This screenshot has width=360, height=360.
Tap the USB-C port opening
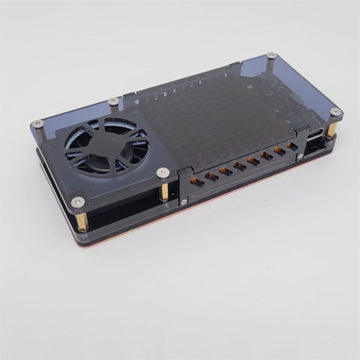[315, 133]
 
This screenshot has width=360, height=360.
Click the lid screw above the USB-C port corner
[335, 112]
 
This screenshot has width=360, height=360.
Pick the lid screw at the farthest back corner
[271, 56]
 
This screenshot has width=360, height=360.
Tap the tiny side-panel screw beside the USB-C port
[299, 158]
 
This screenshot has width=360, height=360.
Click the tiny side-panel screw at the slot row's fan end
[184, 202]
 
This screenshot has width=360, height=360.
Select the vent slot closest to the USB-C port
[292, 147]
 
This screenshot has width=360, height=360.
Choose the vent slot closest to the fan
[195, 182]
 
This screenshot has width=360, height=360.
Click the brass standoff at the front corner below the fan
[82, 221]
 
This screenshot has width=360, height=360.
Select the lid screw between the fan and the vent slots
[162, 172]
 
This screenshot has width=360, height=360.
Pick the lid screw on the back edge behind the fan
[113, 101]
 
